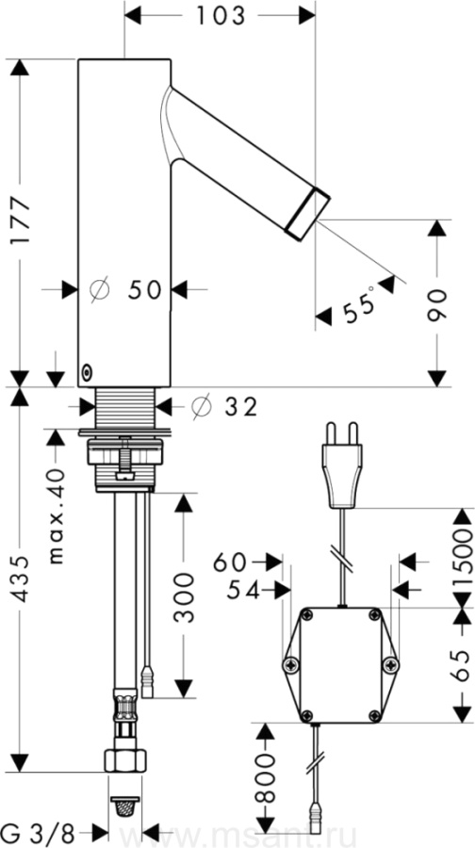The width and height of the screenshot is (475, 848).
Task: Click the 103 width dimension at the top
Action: click(221, 16)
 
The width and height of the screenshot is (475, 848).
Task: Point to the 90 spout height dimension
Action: click(437, 305)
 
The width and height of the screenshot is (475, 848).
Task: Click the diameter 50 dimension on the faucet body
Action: click(126, 290)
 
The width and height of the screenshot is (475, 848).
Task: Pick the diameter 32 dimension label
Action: click(224, 407)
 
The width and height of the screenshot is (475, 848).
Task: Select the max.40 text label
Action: click(57, 515)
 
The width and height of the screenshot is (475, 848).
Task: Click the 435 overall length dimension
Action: click(21, 579)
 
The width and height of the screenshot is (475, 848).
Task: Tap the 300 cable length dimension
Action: click(185, 597)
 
